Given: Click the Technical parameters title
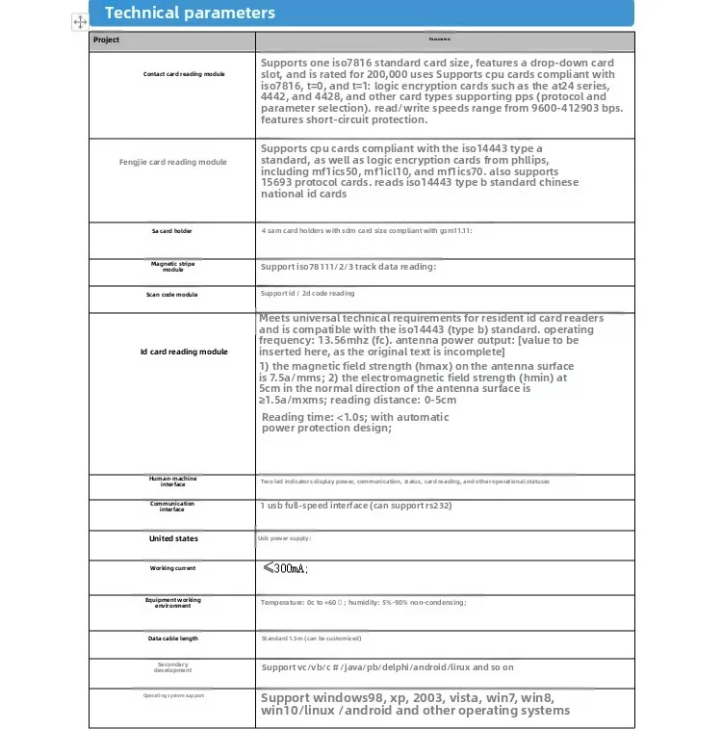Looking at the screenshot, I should [190, 13].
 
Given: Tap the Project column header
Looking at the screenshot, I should [107, 39].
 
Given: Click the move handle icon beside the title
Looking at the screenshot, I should [80, 20].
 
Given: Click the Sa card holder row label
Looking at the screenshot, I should [172, 231].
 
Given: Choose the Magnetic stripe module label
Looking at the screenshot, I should [172, 266].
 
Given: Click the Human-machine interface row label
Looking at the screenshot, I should [172, 481].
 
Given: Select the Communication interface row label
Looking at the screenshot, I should [172, 506].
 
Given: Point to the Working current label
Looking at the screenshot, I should [172, 568].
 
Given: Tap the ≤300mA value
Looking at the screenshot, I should [285, 568].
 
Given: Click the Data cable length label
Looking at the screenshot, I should [172, 638].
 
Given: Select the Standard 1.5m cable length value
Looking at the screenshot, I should [311, 638].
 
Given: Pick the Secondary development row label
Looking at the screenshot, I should [172, 666].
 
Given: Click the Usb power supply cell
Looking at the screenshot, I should [285, 538].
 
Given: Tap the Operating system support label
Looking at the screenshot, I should [172, 694].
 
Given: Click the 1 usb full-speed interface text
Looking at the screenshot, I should [355, 506].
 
